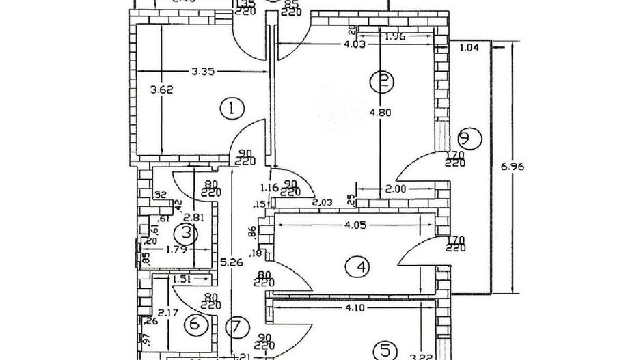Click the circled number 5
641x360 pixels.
coord(385,350)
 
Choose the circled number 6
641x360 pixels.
coord(195,324)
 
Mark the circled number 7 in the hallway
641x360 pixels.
coord(236,327)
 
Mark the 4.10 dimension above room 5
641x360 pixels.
coord(354,307)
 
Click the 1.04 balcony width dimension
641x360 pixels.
coord(469,47)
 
